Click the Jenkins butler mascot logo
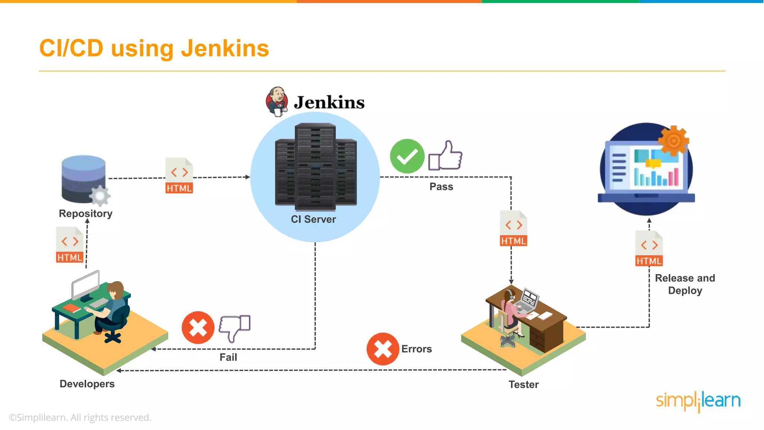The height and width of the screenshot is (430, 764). point(277,102)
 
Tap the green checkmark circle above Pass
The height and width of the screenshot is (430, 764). point(407,156)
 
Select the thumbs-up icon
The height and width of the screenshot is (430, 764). point(446,156)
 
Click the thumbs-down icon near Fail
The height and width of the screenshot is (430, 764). point(235,328)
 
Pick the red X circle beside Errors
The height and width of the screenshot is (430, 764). point(383,349)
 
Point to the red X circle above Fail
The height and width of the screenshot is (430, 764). point(198,327)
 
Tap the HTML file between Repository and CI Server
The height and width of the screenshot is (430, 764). point(179,176)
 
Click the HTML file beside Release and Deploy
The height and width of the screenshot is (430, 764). point(649,249)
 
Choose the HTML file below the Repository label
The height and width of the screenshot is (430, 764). point(70,245)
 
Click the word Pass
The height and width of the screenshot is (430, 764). point(441,187)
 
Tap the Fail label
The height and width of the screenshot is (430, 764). point(228,357)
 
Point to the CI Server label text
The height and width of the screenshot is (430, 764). point(313,219)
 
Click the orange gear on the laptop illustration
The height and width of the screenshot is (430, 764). point(673,141)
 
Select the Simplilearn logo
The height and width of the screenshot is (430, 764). point(698,401)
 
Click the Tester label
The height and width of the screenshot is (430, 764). point(523,384)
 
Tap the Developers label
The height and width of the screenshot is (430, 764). point(87,384)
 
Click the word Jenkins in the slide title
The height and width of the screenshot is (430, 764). point(225,49)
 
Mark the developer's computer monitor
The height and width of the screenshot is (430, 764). point(86,285)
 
